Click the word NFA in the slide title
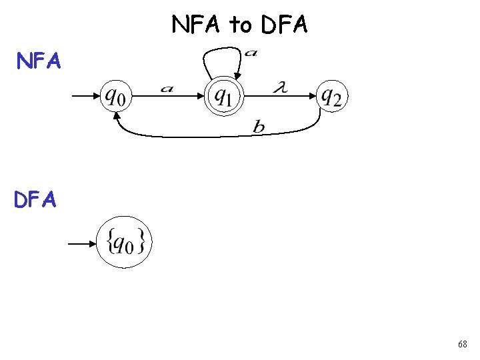[x=197, y=25]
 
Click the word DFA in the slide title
[x=285, y=25]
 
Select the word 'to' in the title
[x=241, y=25]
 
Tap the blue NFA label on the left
[x=39, y=61]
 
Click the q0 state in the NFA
[x=115, y=97]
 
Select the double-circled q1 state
[x=223, y=97]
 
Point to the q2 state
[x=331, y=97]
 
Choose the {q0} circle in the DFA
[x=124, y=244]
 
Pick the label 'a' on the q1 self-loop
[x=251, y=53]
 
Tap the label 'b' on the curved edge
[x=259, y=127]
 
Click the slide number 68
[x=462, y=344]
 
